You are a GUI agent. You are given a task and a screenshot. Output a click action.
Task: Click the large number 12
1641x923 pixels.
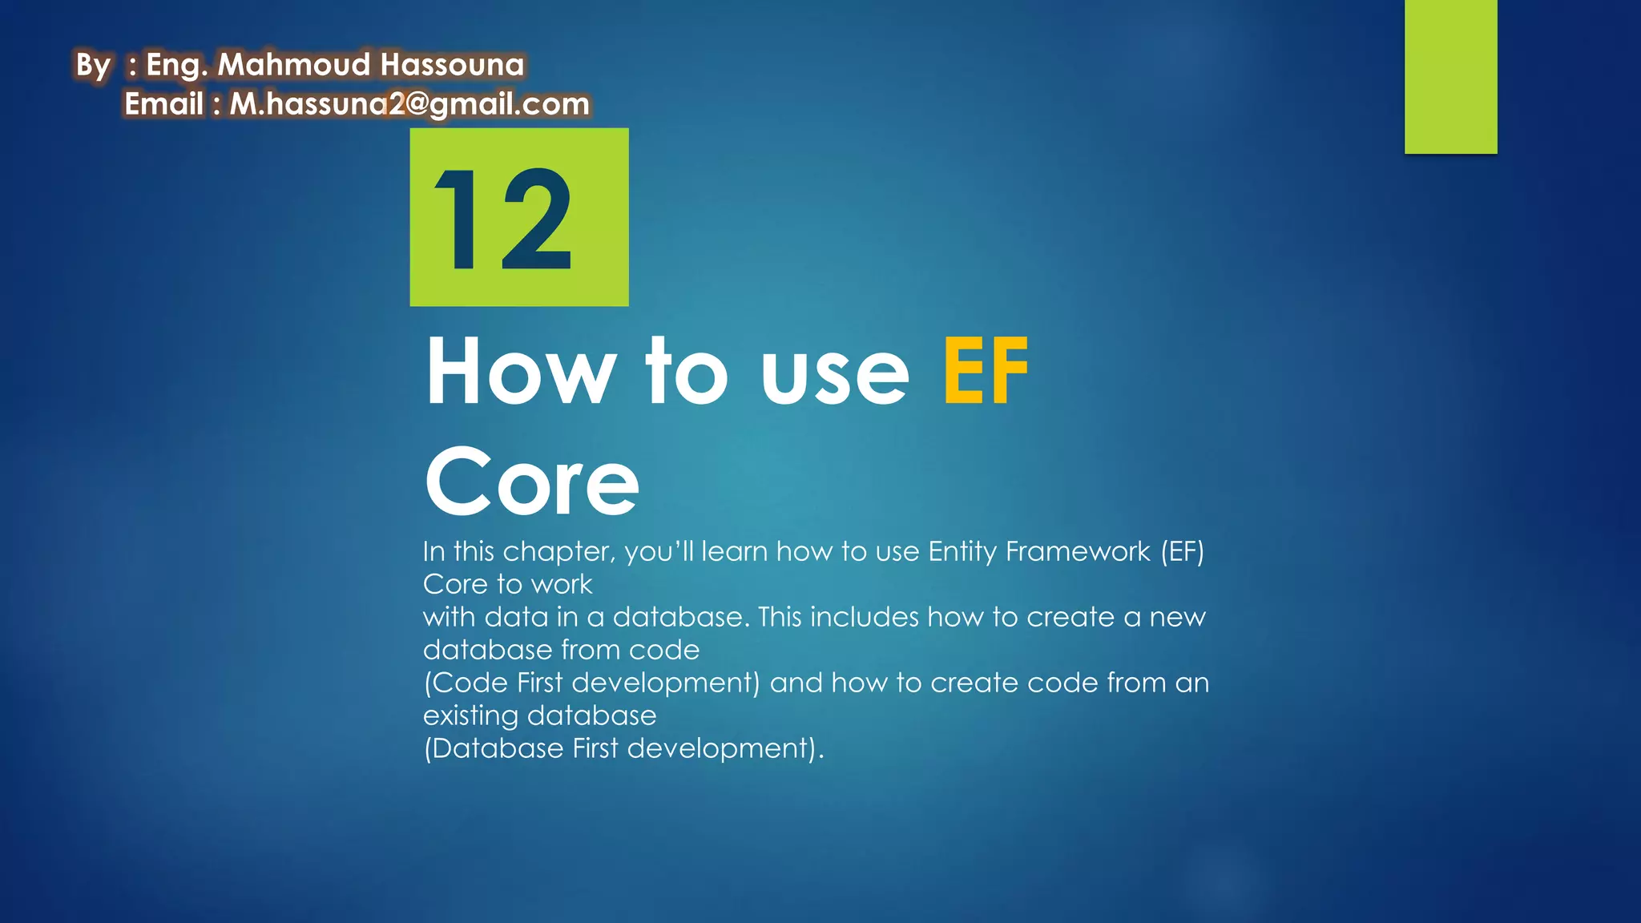point(503,220)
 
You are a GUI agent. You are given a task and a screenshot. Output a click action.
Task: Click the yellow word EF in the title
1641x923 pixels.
point(986,371)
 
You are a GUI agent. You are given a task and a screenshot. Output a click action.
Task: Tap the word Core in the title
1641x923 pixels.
point(531,482)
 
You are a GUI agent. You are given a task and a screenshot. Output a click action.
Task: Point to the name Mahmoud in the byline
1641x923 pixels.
point(293,65)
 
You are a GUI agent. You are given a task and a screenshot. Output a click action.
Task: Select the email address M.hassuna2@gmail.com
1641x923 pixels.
point(409,105)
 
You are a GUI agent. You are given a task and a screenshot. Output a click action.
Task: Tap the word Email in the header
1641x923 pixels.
point(163,104)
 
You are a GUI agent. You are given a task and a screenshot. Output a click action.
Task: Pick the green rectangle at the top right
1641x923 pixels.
point(1450,76)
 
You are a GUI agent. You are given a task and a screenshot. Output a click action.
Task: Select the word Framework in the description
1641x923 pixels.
point(1078,552)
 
